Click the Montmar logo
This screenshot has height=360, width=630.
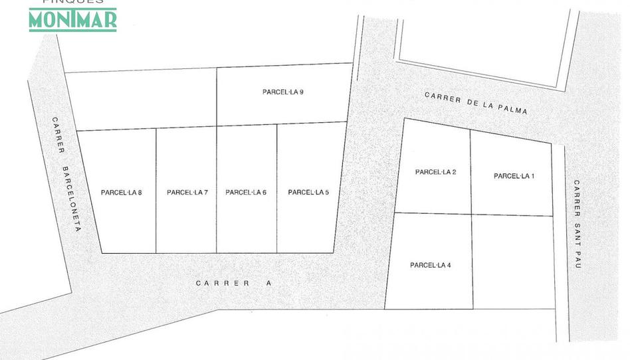pyautogui.click(x=72, y=19)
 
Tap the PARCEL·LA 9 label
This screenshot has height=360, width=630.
pyautogui.click(x=283, y=92)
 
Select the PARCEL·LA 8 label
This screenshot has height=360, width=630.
pyautogui.click(x=122, y=193)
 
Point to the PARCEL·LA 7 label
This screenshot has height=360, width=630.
pyautogui.click(x=187, y=193)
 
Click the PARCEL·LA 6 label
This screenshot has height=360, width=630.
pyautogui.click(x=246, y=193)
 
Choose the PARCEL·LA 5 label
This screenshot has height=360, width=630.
pyautogui.click(x=308, y=193)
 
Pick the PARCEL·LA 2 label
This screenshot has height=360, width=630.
pyautogui.click(x=435, y=172)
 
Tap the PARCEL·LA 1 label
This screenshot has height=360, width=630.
pyautogui.click(x=514, y=176)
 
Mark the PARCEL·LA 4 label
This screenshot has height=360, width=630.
pyautogui.click(x=431, y=265)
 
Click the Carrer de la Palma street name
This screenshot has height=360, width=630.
pyautogui.click(x=476, y=103)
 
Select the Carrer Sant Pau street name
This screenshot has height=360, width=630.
pyautogui.click(x=577, y=224)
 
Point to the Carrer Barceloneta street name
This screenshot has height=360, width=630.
pyautogui.click(x=67, y=174)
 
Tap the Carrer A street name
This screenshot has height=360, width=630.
pyautogui.click(x=234, y=283)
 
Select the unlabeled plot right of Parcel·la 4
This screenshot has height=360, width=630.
pyautogui.click(x=513, y=262)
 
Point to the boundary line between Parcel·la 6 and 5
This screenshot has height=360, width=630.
pyautogui.click(x=276, y=219)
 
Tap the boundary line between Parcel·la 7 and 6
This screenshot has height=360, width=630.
pyautogui.click(x=217, y=219)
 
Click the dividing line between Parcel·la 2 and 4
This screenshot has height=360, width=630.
pyautogui.click(x=432, y=213)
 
